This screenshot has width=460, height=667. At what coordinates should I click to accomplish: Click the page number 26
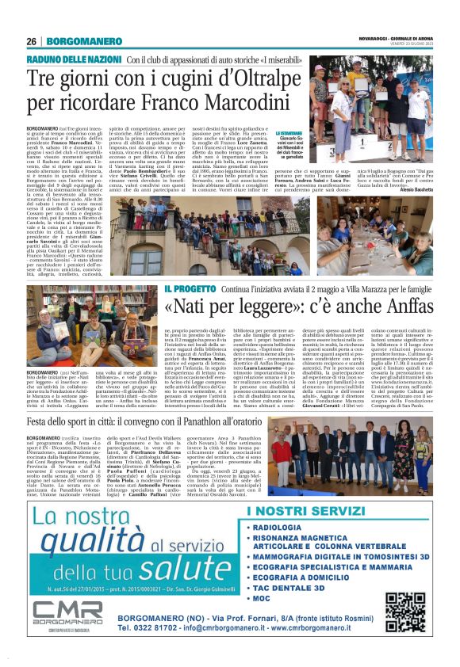[31, 41]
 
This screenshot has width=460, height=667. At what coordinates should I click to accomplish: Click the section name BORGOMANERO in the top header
[76, 41]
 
